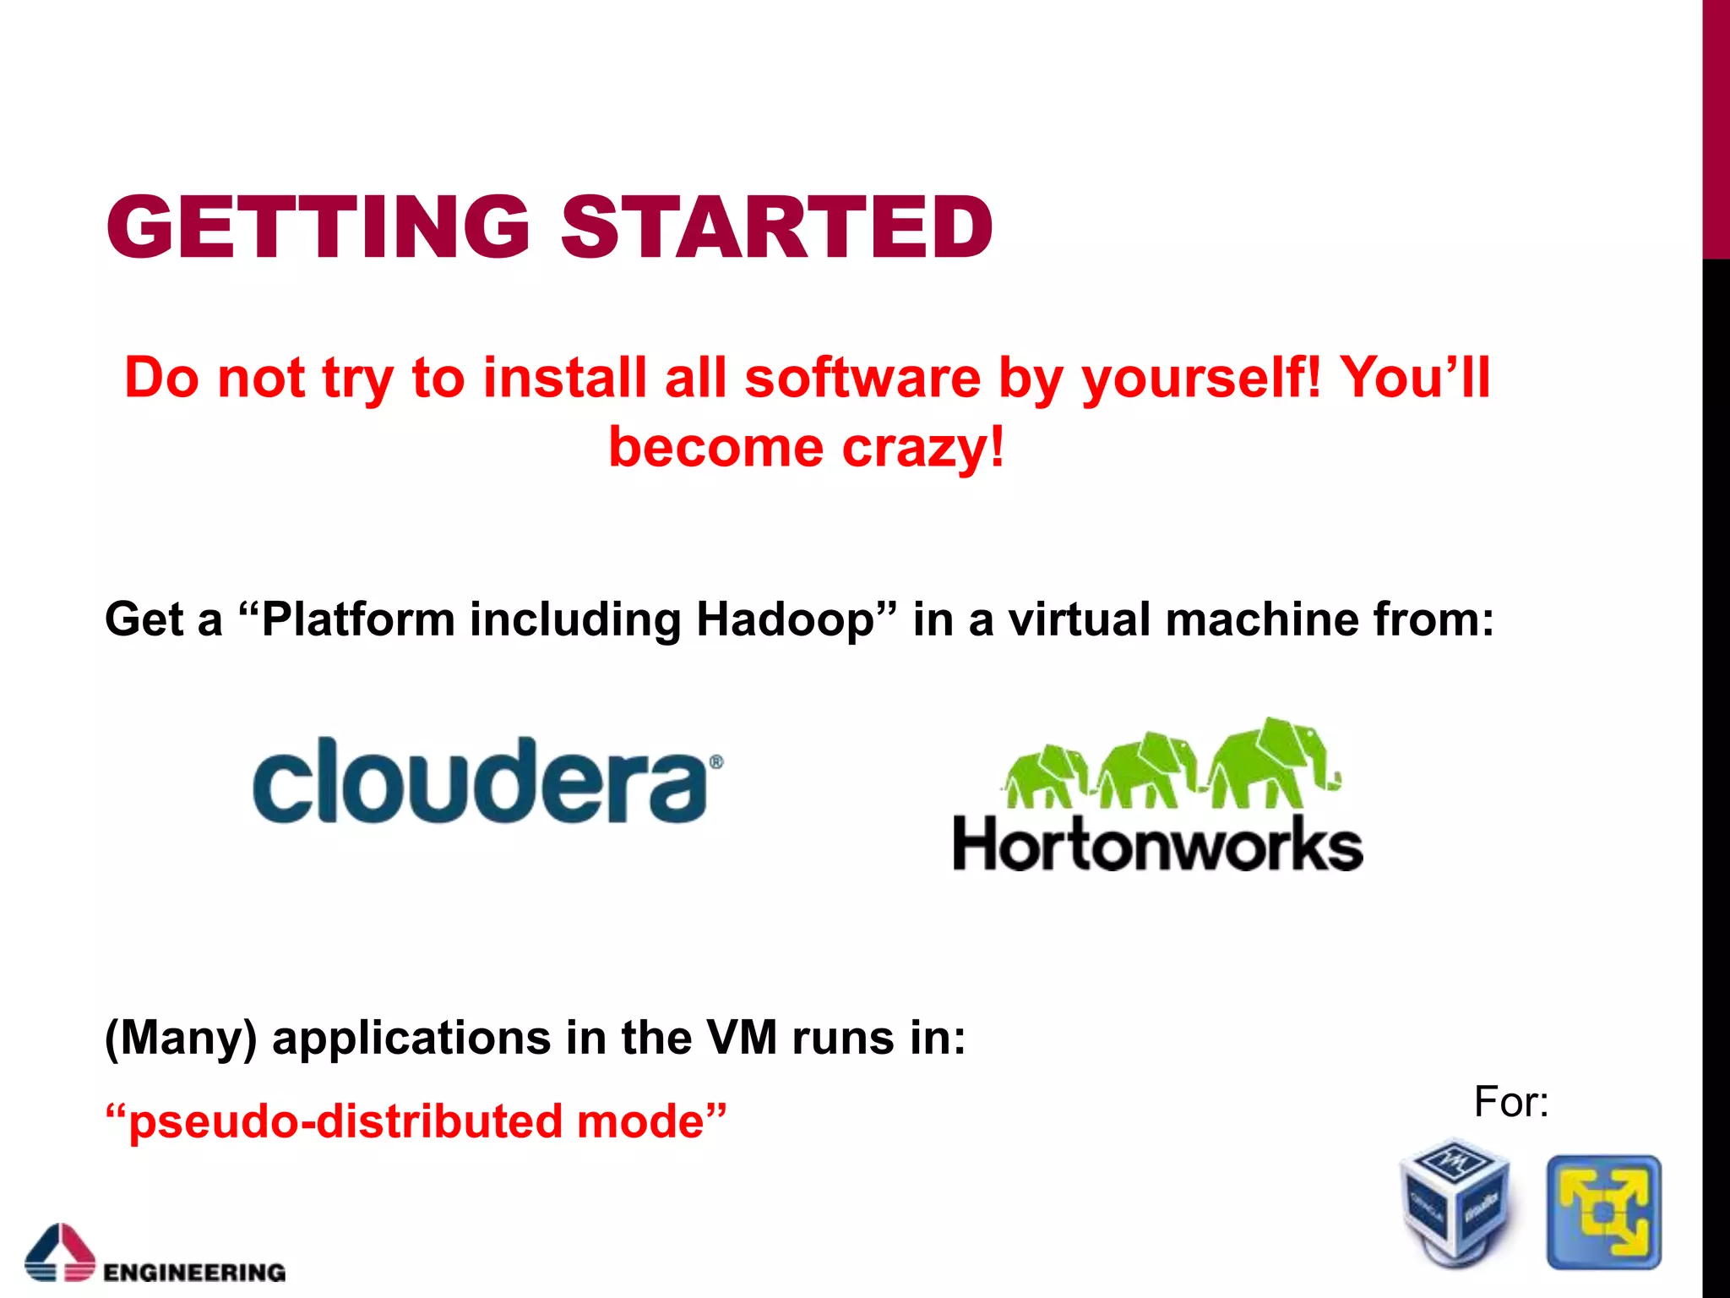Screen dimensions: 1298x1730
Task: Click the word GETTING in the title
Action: (318, 226)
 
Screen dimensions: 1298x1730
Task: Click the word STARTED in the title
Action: (777, 226)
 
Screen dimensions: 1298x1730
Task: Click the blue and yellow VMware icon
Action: (1603, 1212)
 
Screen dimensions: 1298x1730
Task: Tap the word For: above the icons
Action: (1510, 1102)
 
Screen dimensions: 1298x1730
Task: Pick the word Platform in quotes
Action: (358, 619)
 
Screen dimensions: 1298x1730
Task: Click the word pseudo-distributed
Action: (345, 1121)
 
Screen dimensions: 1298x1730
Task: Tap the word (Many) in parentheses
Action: (180, 1038)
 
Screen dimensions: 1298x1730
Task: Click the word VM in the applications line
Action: (741, 1038)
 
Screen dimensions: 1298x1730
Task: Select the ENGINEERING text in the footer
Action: (194, 1272)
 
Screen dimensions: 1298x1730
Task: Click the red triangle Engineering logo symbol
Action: (59, 1251)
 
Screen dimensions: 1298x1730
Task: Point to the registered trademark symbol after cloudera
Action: (715, 761)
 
